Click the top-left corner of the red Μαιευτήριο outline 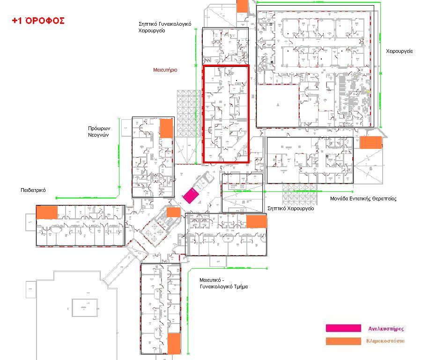(203, 66)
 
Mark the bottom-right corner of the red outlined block (248, 162)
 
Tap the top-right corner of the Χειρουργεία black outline (374, 6)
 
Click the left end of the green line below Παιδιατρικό (56, 198)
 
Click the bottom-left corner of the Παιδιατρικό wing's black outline (37, 245)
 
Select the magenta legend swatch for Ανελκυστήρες (343, 328)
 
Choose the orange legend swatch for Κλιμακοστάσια (343, 341)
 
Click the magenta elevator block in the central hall (191, 196)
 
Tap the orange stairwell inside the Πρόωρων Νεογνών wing (166, 128)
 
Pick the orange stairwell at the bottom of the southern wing (174, 344)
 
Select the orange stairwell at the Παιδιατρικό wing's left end (47, 212)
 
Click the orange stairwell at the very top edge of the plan (242, 6)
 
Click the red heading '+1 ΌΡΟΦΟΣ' (38, 21)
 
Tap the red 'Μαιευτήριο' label (165, 70)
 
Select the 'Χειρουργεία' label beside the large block (399, 51)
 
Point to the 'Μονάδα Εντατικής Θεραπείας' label (363, 198)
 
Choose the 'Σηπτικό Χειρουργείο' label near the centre (290, 208)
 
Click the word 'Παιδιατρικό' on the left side (33, 190)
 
